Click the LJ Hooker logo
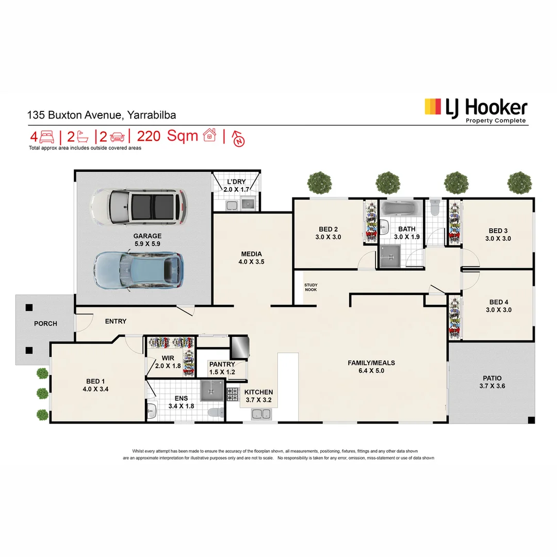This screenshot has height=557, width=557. pyautogui.click(x=475, y=109)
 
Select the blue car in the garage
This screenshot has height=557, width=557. pyautogui.click(x=138, y=270)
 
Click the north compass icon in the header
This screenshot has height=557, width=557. pyautogui.click(x=239, y=138)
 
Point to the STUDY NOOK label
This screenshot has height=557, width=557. pyautogui.click(x=310, y=287)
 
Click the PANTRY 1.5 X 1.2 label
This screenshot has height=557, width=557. pyautogui.click(x=222, y=368)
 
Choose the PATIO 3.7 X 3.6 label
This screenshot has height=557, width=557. pyautogui.click(x=492, y=382)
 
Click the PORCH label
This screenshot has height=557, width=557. pyautogui.click(x=45, y=324)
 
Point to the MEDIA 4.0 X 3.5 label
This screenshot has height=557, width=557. pyautogui.click(x=252, y=258)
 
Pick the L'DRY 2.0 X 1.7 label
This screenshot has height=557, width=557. pyautogui.click(x=236, y=186)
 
